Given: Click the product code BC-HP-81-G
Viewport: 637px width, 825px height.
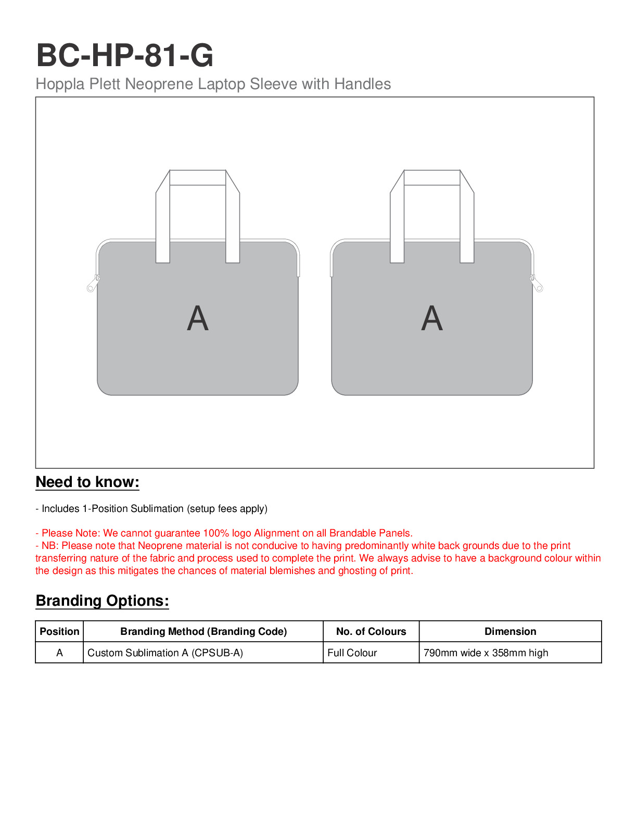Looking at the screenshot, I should [x=125, y=55].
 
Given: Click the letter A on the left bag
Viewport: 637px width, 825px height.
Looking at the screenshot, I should [x=198, y=318].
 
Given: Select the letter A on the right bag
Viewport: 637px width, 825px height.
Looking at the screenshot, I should [x=432, y=318].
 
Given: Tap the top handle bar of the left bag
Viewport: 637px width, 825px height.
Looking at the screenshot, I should [x=198, y=178].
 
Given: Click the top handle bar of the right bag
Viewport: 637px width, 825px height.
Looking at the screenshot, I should [x=432, y=178].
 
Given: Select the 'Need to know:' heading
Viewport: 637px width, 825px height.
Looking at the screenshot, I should [x=87, y=482].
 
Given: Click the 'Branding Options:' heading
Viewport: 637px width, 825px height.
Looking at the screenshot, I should [x=102, y=601].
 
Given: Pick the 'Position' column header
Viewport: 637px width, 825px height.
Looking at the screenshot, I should [x=59, y=632].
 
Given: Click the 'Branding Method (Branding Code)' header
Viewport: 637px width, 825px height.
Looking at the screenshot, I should [x=203, y=632].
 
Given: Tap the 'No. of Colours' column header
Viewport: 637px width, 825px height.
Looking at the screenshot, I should [x=371, y=632].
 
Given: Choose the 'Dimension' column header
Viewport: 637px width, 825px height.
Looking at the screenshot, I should [x=510, y=632].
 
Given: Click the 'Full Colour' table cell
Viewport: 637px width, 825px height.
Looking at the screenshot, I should [x=352, y=653].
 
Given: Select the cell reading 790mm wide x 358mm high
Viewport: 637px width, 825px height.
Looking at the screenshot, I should [x=486, y=653].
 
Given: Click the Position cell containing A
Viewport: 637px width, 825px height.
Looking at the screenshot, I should [x=59, y=653].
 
